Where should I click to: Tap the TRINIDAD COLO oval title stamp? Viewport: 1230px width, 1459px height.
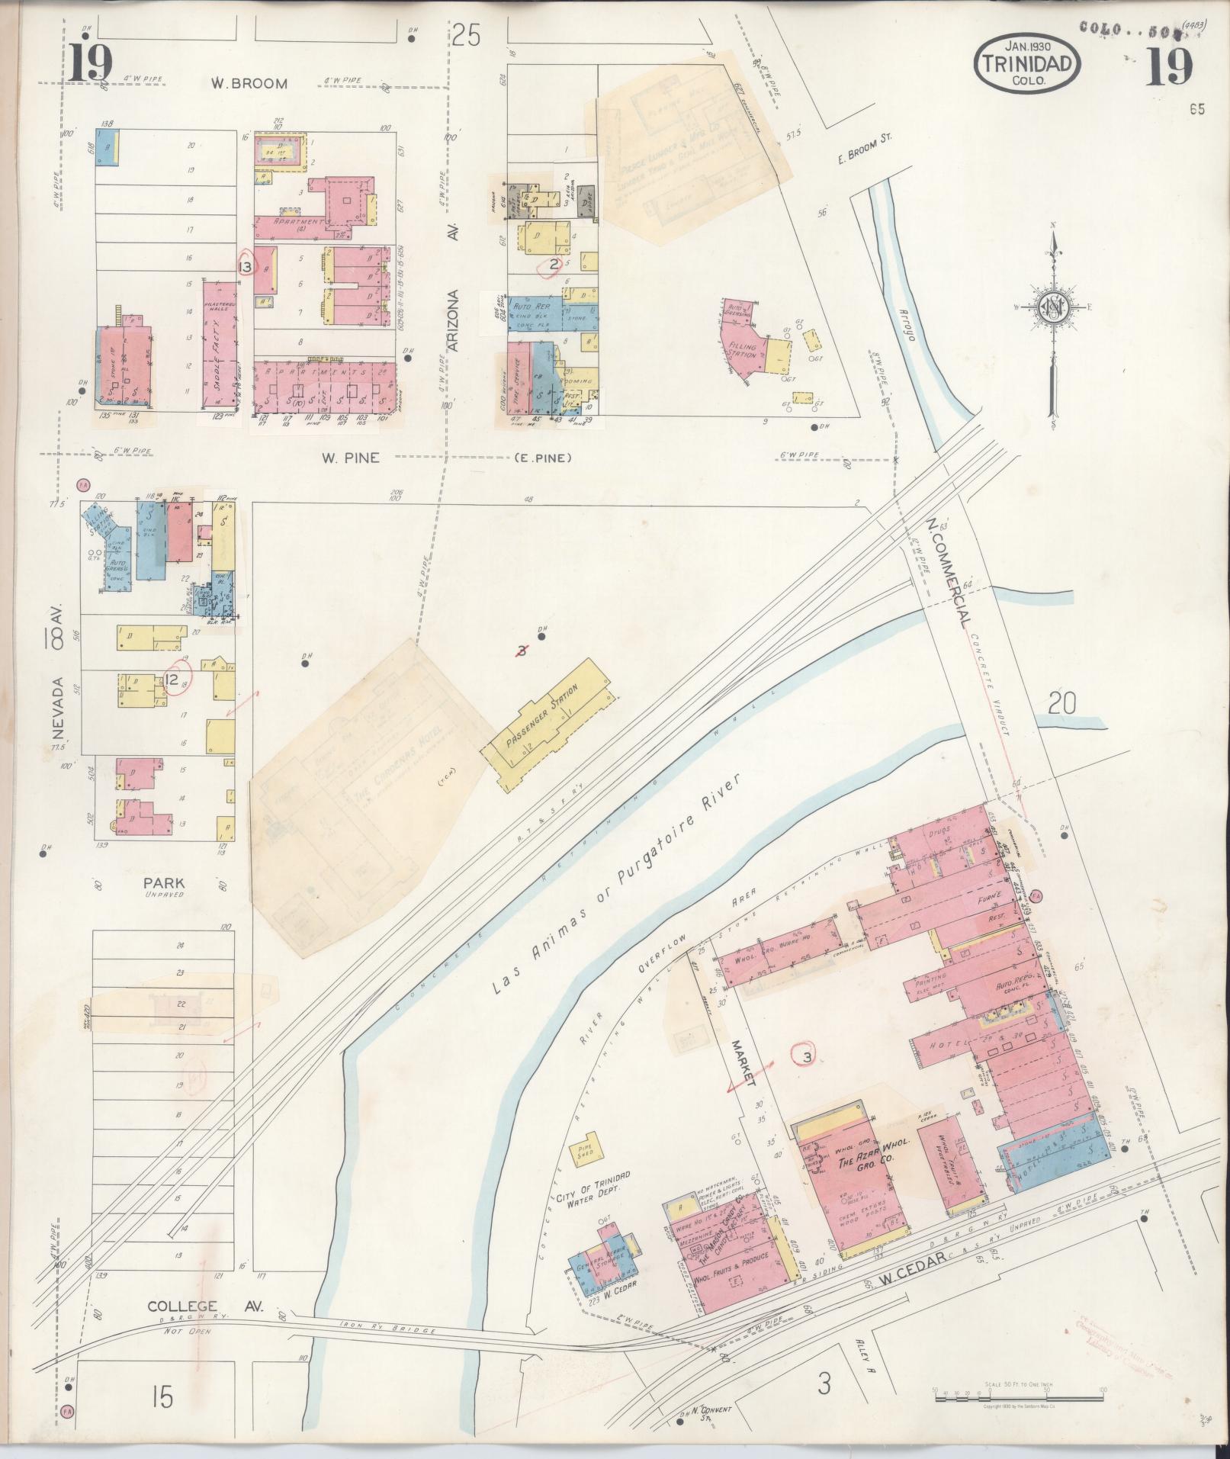pos(1026,63)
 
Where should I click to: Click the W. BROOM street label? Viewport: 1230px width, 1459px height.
pos(249,83)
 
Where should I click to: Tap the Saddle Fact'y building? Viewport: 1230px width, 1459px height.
pos(220,343)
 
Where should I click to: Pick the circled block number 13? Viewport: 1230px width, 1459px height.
pos(246,266)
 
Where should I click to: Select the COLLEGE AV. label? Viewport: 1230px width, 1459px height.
pos(205,1306)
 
